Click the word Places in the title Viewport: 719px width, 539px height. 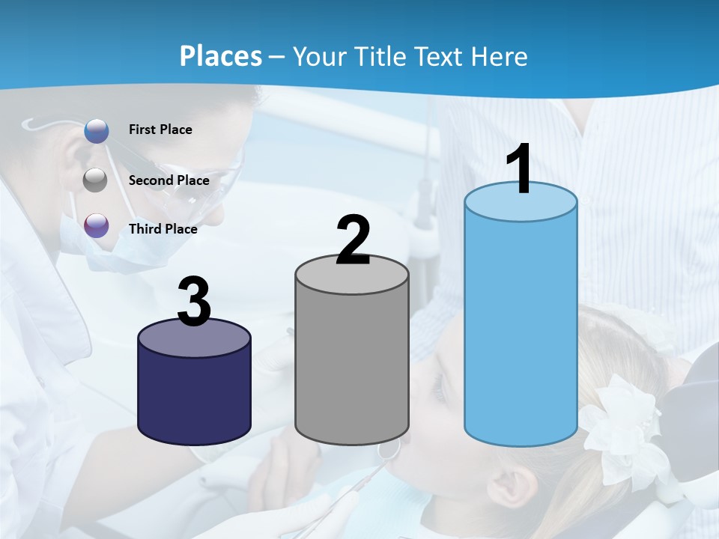pyautogui.click(x=220, y=56)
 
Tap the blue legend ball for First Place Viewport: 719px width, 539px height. pyautogui.click(x=97, y=130)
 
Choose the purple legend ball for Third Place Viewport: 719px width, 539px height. pyautogui.click(x=97, y=225)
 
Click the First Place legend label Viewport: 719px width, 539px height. pyautogui.click(x=160, y=130)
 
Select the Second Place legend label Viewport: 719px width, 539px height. pyautogui.click(x=169, y=180)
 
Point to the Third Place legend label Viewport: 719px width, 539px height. pyautogui.click(x=163, y=229)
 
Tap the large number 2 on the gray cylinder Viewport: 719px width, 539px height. pyautogui.click(x=354, y=240)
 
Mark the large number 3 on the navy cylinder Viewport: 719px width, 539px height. pyautogui.click(x=194, y=302)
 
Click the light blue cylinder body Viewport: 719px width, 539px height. pyautogui.click(x=521, y=329)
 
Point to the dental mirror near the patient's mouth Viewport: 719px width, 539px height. pyautogui.click(x=388, y=450)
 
